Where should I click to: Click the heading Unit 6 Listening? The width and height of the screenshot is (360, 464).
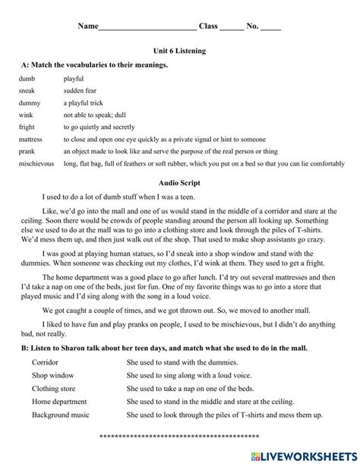(x=179, y=51)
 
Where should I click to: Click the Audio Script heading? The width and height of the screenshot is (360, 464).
(x=179, y=183)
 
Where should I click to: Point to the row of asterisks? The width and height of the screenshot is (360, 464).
(x=179, y=437)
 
